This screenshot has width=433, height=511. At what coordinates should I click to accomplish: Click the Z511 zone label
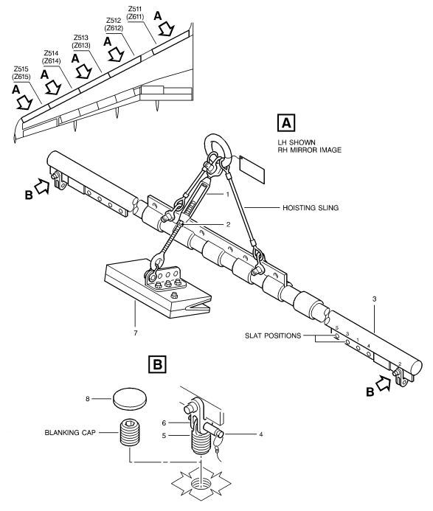[x=135, y=9]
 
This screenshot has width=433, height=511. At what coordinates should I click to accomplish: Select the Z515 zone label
[x=21, y=69]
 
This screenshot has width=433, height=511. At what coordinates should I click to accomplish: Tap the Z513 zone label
[x=81, y=38]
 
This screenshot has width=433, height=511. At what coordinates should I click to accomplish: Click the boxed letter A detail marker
[x=286, y=123]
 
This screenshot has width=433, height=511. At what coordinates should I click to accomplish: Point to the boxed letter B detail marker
[x=157, y=364]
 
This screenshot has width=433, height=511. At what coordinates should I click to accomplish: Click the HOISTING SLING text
[x=311, y=208]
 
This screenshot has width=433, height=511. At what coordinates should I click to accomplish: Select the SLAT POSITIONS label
[x=273, y=336]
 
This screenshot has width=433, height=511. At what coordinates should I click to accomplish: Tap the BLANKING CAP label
[x=70, y=432]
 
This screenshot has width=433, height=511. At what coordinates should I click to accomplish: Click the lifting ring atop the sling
[x=218, y=146]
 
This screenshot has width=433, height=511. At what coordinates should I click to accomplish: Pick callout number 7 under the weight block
[x=135, y=333]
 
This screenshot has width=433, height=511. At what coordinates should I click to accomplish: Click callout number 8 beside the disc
[x=87, y=399]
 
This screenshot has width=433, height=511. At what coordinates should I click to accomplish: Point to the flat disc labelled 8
[x=130, y=398]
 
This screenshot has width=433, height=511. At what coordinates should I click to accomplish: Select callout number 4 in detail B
[x=261, y=434]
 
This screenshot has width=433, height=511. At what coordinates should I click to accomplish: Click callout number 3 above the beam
[x=374, y=299]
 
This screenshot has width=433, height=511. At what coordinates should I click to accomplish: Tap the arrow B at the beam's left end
[x=43, y=186]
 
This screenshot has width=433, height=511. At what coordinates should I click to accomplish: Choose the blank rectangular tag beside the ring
[x=252, y=170]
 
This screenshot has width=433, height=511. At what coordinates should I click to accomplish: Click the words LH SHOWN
[x=297, y=142]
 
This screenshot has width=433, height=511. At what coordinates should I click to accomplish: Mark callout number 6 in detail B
[x=164, y=423]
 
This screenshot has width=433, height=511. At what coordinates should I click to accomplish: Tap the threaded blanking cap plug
[x=131, y=431]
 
